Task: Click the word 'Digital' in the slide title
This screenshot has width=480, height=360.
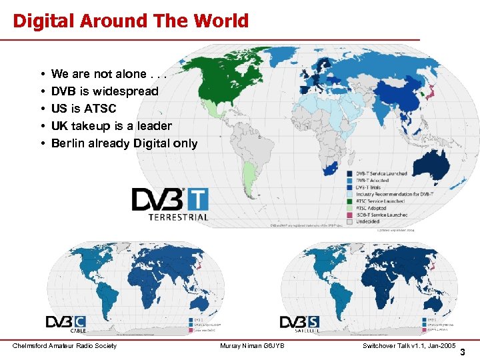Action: (43, 21)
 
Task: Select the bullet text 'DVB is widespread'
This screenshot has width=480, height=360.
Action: (105, 91)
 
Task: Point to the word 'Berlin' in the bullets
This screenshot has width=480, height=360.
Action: (69, 143)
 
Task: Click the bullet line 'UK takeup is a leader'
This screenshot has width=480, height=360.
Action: (111, 126)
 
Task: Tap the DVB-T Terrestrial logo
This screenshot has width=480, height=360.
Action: (170, 204)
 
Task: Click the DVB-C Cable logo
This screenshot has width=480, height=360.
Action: (66, 323)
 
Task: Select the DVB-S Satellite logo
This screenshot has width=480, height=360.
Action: (299, 323)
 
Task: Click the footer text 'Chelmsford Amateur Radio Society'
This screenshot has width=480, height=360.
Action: (65, 345)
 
